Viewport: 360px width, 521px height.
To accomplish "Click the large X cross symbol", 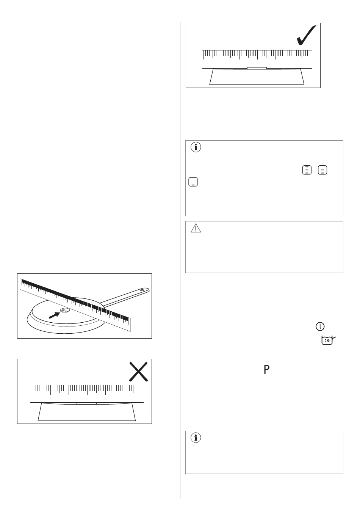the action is [139, 372].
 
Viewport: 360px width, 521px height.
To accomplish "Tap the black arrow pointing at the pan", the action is [54, 315].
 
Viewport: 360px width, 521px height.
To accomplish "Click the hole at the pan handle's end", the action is [142, 290].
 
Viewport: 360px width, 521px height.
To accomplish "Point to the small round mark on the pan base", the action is [64, 310].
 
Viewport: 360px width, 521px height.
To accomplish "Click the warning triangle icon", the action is [196, 228].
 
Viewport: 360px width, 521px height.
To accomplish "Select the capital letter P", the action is [266, 369].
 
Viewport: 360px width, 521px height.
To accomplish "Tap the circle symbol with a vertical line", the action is [320, 326].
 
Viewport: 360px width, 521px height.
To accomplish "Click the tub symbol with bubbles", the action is [329, 340].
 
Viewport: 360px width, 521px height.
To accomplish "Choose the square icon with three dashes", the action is [307, 170].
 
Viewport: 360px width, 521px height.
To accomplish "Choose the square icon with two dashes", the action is [322, 170].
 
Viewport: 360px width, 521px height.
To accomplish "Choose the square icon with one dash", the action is [193, 182].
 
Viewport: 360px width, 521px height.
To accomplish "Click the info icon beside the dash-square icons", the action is [196, 147].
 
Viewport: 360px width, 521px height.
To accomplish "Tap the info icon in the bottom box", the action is [196, 438].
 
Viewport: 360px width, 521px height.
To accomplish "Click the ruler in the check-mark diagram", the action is [257, 55].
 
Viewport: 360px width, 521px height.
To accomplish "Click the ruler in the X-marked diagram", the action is [87, 389].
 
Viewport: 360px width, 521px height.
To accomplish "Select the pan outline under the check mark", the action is [257, 77].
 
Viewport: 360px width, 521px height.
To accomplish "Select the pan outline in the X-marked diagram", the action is [87, 412].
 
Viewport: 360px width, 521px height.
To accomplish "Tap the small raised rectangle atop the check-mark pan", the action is [257, 68].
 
